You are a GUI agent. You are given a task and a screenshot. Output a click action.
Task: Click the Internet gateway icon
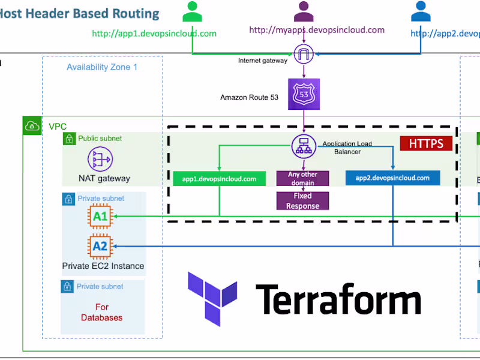pos(304,55)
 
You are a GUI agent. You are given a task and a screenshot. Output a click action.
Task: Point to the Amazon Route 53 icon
pos(304,94)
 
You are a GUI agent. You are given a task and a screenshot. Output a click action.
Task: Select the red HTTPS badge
pos(426,143)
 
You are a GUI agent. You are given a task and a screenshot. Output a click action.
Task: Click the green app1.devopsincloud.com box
pos(218,178)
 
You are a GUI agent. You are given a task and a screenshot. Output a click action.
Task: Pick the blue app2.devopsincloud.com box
pos(392,178)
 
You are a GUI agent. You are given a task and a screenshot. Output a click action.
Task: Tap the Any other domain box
pos(302,178)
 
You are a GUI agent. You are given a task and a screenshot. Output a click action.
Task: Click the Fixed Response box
pos(302,201)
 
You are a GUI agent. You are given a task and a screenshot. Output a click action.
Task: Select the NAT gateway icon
pos(100,160)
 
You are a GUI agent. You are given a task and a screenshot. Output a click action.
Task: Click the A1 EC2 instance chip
pos(100,217)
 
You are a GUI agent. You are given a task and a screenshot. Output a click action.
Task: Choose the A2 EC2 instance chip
pos(100,246)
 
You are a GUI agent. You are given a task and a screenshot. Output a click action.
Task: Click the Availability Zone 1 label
pos(102,67)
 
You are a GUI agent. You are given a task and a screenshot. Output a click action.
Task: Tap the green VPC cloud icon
pos(31,125)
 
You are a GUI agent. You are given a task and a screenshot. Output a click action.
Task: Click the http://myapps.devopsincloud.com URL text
pos(316,30)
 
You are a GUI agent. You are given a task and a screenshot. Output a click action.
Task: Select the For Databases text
pos(102,312)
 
